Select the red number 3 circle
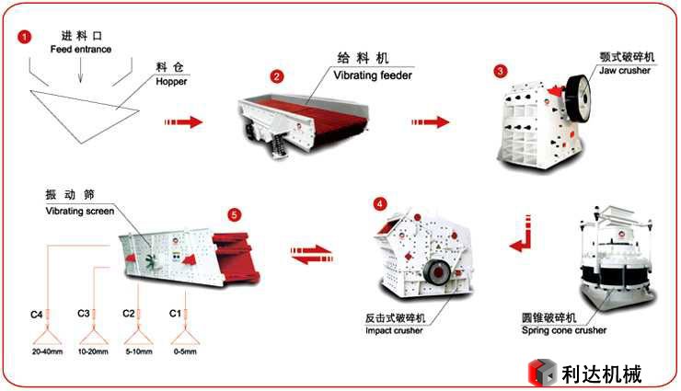500,71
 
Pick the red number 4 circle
381,203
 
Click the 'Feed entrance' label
80,49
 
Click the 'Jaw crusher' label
625,70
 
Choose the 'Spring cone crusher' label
563,329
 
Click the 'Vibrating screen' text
80,211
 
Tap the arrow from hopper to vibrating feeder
184,121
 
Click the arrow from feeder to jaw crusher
430,121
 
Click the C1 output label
174,314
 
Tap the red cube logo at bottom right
542,373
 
